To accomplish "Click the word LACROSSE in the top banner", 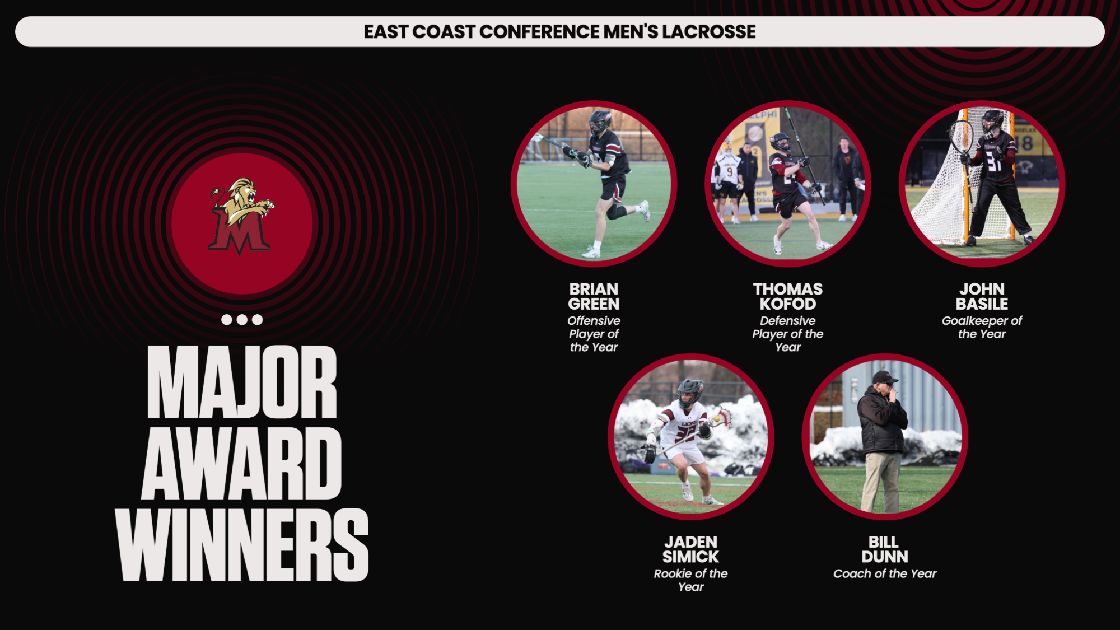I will coord(708,32).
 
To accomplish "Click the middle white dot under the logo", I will coord(242,320).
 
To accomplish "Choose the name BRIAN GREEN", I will coord(594,297).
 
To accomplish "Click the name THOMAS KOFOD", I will coord(787,297).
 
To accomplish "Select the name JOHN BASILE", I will coord(982,297).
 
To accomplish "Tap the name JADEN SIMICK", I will coord(690,549).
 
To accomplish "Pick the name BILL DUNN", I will coord(884,549).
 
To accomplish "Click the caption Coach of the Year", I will coord(884,573).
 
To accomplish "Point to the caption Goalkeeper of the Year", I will coord(982,327).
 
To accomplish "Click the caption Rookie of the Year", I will coord(690,580).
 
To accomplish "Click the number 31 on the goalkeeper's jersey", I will coord(994,162).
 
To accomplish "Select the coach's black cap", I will coord(884,376).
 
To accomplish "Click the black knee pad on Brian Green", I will coord(616,212).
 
